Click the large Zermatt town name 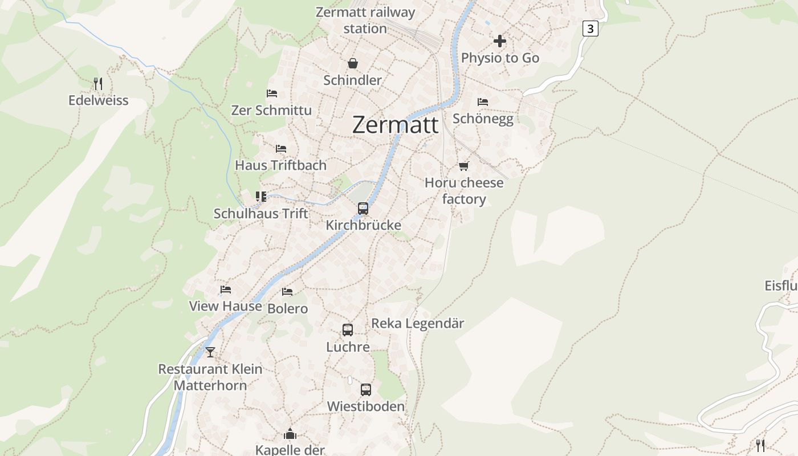[395, 125]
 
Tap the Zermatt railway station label [365, 20]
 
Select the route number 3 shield [590, 28]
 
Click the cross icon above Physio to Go [500, 41]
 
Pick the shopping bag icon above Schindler [353, 63]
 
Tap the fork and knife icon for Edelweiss [98, 84]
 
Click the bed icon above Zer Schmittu [272, 93]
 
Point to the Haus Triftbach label [280, 165]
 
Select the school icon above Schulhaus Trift [261, 197]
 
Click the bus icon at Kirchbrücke [363, 209]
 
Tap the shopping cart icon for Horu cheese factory [464, 166]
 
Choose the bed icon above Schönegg [483, 102]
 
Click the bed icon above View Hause [226, 290]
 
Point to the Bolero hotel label [287, 308]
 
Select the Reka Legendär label [417, 323]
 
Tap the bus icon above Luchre [348, 330]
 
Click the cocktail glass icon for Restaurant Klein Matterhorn [210, 352]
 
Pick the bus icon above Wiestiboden [366, 390]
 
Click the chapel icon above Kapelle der [290, 434]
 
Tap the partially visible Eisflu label [780, 286]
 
